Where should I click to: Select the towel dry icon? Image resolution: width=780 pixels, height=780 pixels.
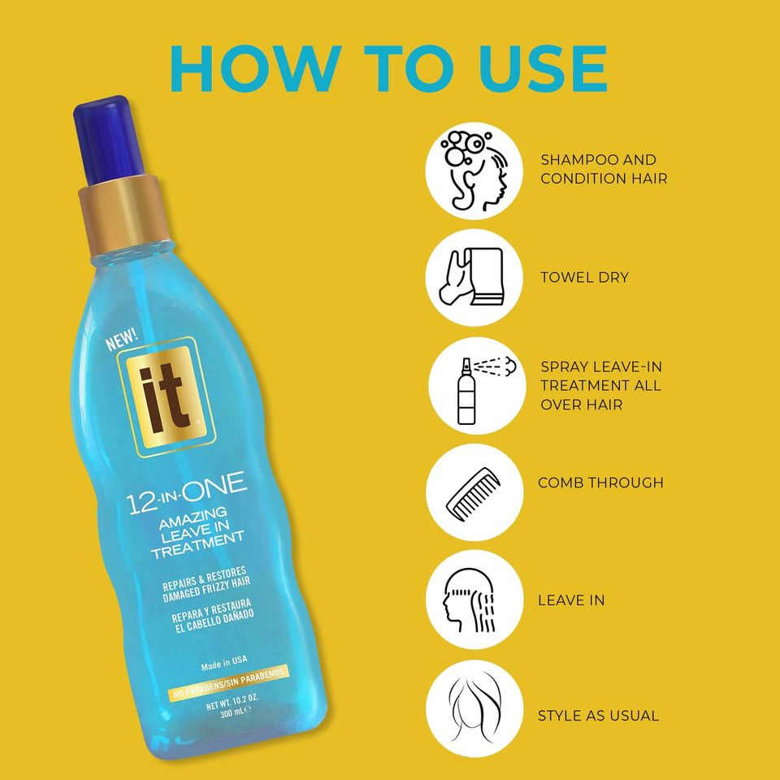[474, 277]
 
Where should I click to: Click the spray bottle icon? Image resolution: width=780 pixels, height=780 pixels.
[474, 386]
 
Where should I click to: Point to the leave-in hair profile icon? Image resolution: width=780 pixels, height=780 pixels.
[474, 600]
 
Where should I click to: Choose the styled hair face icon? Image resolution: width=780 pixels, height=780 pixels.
[474, 709]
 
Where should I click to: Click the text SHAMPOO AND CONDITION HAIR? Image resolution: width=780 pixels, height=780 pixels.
[604, 169]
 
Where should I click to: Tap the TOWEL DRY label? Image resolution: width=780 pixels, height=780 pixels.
[584, 278]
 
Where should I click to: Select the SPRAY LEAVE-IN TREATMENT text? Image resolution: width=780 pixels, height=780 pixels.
[600, 385]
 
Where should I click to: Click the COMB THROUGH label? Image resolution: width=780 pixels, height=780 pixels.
[600, 483]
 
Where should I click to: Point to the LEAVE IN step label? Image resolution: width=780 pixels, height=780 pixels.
[570, 600]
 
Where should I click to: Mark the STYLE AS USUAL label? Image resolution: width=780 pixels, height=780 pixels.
[598, 716]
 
